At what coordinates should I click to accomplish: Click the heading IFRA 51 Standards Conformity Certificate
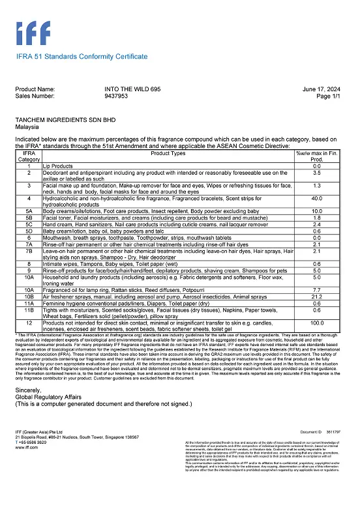point(82,57)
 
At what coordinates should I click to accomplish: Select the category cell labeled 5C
point(29,224)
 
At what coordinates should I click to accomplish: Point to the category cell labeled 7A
point(29,243)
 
